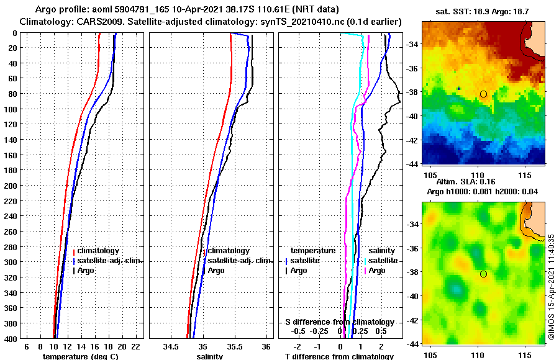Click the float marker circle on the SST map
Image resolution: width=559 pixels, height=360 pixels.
483,94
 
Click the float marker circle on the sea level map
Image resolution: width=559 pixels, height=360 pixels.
483,274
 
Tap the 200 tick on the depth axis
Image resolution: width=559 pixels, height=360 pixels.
11,186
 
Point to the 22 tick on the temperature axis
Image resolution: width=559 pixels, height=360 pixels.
135,345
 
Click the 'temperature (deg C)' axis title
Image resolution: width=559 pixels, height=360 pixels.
80,356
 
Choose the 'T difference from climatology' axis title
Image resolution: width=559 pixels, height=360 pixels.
339,356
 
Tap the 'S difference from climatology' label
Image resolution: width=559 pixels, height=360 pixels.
339,322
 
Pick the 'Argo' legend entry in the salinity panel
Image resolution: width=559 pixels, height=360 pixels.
216,271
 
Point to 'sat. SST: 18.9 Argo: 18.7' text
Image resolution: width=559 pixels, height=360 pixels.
483,12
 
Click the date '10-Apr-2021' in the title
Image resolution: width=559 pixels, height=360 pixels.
182,10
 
